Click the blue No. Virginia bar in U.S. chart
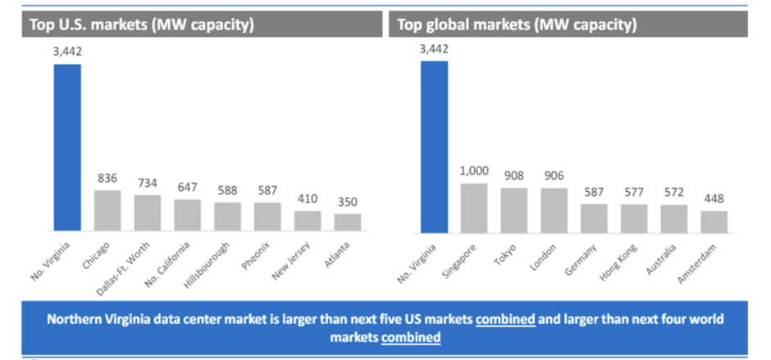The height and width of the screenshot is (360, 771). [x=67, y=148]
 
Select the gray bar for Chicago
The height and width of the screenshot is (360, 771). [x=107, y=212]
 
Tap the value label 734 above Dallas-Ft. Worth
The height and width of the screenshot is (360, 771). [x=148, y=184]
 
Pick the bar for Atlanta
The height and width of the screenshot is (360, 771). [x=348, y=223]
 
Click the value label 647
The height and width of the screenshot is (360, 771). [x=188, y=188]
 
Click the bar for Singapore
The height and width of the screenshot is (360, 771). [x=474, y=207]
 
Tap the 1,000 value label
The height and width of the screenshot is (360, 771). [x=474, y=171]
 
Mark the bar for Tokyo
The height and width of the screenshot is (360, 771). [x=514, y=210]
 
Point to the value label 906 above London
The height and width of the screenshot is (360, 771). [x=554, y=176]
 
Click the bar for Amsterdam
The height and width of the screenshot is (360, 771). [x=714, y=222]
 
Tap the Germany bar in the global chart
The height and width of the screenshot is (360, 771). [x=595, y=218]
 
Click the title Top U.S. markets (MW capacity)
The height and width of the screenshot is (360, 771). [x=142, y=24]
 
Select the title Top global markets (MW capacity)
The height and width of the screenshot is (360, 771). [x=518, y=24]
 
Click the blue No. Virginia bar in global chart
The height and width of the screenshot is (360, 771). [x=435, y=148]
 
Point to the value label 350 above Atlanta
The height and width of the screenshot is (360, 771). [x=348, y=202]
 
